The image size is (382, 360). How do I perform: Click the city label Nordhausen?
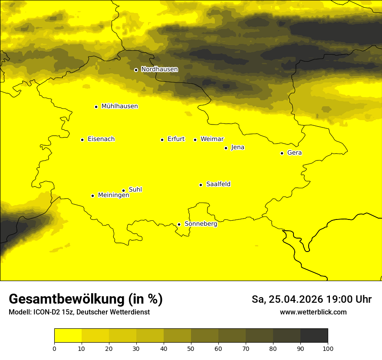tap(159, 69)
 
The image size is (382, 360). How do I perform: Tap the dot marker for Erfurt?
tap(162, 140)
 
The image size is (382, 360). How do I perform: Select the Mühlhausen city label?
tap(119, 106)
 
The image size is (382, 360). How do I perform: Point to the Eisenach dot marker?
tap(82, 140)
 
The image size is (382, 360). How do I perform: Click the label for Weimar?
tap(212, 139)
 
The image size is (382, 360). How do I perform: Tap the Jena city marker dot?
tap(226, 148)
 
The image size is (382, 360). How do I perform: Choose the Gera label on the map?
tap(294, 153)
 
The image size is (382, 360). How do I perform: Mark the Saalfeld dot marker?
tap(201, 185)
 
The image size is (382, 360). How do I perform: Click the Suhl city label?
tap(135, 190)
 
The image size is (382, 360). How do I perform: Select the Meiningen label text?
tap(113, 196)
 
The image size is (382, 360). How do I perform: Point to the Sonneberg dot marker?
tap(179, 224)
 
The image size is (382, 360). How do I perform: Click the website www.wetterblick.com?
tap(313, 312)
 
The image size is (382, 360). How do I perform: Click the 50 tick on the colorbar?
tap(191, 348)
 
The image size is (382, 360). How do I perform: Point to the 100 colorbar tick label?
tap(328, 348)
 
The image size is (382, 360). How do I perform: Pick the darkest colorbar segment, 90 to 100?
tap(314, 336)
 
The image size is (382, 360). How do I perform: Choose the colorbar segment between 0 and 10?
tap(68, 336)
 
